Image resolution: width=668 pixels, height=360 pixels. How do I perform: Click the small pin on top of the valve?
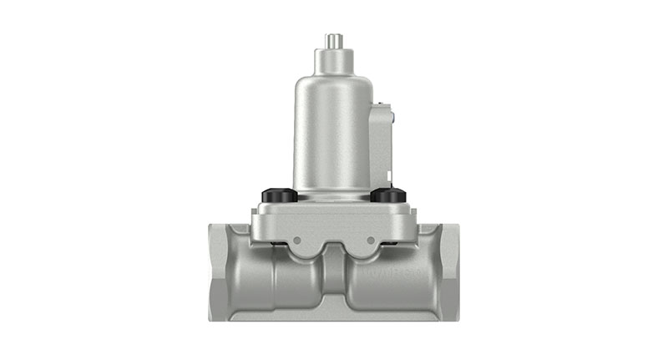pyautogui.click(x=334, y=40)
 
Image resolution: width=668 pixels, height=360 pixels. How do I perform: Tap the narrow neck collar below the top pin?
pyautogui.click(x=334, y=58)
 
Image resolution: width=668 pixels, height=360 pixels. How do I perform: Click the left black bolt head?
pyautogui.click(x=276, y=195)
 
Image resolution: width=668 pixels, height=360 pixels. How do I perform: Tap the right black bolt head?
pyautogui.click(x=387, y=195)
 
